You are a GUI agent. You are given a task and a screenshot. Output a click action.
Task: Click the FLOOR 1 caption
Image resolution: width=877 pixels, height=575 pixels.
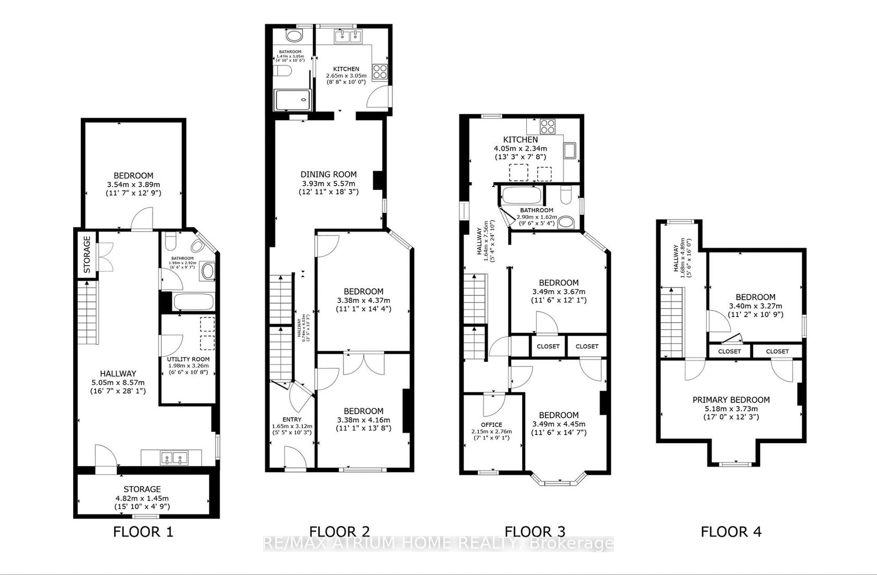click(x=143, y=532)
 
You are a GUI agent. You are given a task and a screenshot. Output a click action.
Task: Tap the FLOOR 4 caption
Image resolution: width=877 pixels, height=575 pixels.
click(x=731, y=532)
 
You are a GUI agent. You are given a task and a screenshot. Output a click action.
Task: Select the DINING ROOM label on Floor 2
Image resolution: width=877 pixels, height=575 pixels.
click(x=328, y=175)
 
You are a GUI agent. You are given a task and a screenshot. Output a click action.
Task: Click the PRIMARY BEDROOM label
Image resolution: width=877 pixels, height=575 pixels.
click(x=731, y=400)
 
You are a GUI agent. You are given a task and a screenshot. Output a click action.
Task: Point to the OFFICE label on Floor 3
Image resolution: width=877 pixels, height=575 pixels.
click(x=491, y=425)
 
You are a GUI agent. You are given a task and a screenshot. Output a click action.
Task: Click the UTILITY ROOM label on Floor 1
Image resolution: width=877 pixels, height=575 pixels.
click(x=188, y=359)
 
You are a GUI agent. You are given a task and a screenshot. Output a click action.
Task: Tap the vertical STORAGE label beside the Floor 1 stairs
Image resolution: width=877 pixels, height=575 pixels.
click(x=87, y=255)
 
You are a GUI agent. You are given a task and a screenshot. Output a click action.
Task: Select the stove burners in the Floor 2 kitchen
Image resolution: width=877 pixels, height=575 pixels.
click(x=379, y=71)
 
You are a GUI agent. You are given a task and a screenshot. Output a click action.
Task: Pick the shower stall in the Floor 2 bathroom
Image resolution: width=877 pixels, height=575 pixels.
click(x=293, y=100)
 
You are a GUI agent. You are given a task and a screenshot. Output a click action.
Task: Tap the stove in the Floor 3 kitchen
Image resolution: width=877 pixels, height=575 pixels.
click(x=548, y=125)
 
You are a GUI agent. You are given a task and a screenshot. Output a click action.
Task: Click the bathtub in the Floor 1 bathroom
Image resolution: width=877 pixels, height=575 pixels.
click(x=193, y=302)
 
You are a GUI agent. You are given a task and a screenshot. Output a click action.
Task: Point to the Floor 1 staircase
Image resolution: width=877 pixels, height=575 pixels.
click(x=88, y=312)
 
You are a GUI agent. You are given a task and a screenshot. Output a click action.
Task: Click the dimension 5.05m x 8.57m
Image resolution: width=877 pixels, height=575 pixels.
click(x=118, y=382)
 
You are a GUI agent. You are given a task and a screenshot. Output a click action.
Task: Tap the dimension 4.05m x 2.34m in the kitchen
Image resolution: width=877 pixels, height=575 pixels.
click(x=520, y=148)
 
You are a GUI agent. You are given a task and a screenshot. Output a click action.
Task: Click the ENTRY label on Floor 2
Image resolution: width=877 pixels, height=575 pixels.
click(x=292, y=420)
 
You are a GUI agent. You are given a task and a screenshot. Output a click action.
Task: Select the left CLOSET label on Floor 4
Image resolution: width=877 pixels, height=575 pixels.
click(x=729, y=351)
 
